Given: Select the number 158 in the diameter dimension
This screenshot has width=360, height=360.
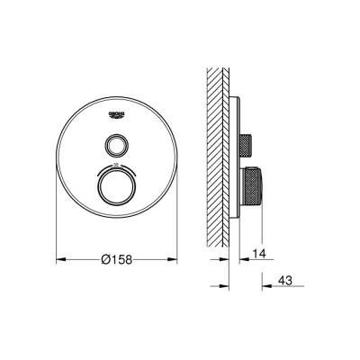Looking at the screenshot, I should pyautogui.click(x=121, y=257).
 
